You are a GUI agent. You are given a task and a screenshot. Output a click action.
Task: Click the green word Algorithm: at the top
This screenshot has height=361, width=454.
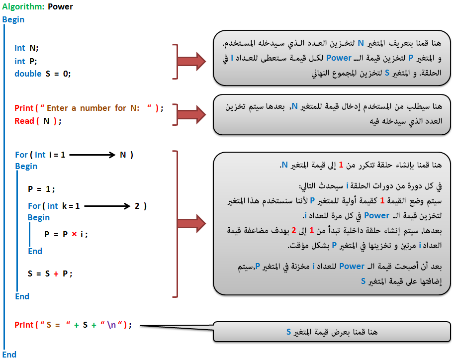(x=23, y=7)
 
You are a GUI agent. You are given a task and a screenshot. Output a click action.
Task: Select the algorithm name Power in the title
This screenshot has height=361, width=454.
(x=60, y=6)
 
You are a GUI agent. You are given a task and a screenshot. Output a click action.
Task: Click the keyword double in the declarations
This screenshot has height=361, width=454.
(x=28, y=74)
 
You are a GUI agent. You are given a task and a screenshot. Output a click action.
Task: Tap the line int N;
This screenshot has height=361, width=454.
(x=26, y=48)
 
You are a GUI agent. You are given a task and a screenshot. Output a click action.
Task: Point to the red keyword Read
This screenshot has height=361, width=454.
(x=24, y=121)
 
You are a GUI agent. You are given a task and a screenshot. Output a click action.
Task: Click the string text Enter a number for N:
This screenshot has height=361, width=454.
(x=93, y=108)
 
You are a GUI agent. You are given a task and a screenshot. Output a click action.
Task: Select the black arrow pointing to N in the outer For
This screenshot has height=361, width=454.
(x=92, y=155)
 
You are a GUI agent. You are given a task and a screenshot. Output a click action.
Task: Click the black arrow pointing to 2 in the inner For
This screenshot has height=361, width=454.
(x=107, y=206)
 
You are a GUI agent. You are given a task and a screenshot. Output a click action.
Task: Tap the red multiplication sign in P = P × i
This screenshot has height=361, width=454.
(x=75, y=234)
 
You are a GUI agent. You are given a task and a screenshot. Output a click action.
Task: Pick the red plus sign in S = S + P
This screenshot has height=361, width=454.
(x=56, y=273)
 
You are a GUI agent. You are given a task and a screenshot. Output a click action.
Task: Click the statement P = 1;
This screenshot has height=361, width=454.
(x=41, y=189)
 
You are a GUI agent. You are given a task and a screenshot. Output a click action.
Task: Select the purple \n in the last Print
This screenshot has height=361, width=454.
(x=111, y=325)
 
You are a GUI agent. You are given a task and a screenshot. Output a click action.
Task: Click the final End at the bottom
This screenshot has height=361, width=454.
(x=9, y=355)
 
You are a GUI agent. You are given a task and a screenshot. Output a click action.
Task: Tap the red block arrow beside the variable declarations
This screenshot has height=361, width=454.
(x=191, y=61)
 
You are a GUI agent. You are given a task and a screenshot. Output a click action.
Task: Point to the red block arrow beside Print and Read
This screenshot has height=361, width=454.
(x=191, y=115)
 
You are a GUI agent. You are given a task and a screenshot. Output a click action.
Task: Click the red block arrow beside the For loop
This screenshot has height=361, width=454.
(x=191, y=223)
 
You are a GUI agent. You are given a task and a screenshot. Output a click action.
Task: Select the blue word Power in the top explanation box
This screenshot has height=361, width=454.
(x=339, y=58)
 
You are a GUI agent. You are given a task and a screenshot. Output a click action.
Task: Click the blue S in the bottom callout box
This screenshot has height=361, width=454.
(x=288, y=332)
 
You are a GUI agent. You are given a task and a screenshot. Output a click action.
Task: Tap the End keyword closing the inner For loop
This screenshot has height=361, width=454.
(x=35, y=251)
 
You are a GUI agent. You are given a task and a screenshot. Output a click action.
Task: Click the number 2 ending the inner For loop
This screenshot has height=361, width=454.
(x=137, y=206)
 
